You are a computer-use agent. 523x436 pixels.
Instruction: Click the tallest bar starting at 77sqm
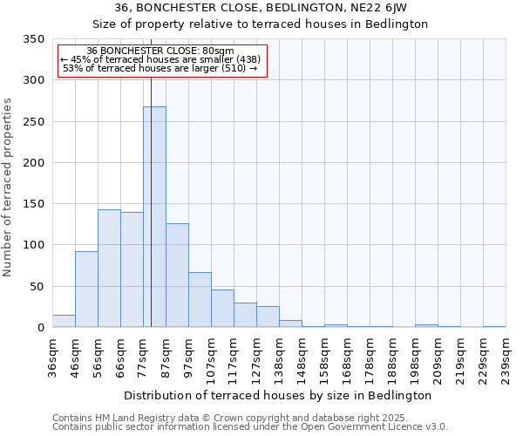click(x=154, y=217)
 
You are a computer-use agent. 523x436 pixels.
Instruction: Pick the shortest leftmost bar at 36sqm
click(x=64, y=321)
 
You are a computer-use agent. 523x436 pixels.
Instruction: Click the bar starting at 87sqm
click(x=177, y=276)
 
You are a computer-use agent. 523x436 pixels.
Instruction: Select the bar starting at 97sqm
click(x=200, y=300)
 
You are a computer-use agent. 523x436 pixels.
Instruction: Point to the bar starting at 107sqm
click(x=222, y=309)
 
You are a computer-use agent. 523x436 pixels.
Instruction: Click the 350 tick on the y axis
click(x=33, y=39)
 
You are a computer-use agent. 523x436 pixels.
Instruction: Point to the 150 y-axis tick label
click(x=33, y=204)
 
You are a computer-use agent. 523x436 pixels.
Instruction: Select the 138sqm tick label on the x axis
click(x=279, y=358)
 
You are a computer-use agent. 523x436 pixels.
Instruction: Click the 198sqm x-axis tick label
click(x=415, y=358)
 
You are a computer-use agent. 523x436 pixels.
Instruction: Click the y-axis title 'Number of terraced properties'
click(x=8, y=187)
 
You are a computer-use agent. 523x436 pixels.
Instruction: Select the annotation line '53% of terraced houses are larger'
click(x=160, y=68)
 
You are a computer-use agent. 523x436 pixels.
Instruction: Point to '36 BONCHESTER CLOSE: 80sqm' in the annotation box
click(x=160, y=51)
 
